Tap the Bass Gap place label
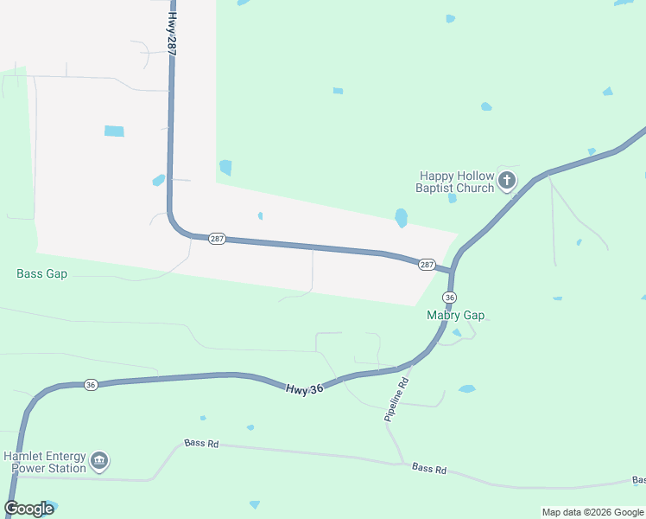[41, 274]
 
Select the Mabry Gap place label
[456, 316]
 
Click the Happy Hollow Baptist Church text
[455, 182]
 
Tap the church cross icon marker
[507, 181]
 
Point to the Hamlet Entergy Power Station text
[45, 462]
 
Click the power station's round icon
[99, 461]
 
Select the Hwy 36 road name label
[304, 389]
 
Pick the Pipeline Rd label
[395, 400]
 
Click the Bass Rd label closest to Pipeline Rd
[429, 469]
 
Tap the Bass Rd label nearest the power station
[201, 444]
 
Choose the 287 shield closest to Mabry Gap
[427, 264]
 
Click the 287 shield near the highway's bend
[217, 239]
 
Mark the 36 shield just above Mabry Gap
[449, 298]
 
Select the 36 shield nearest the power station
[91, 385]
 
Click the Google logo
[29, 509]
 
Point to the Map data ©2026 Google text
[592, 512]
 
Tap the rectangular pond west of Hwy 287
[114, 131]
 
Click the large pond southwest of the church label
[401, 217]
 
